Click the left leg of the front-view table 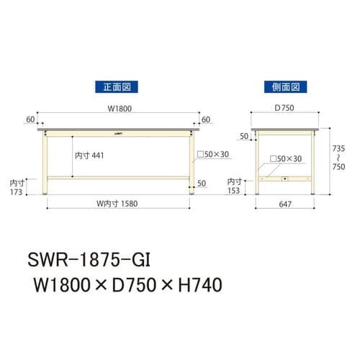point(45,162)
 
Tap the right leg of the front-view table point(192,162)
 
